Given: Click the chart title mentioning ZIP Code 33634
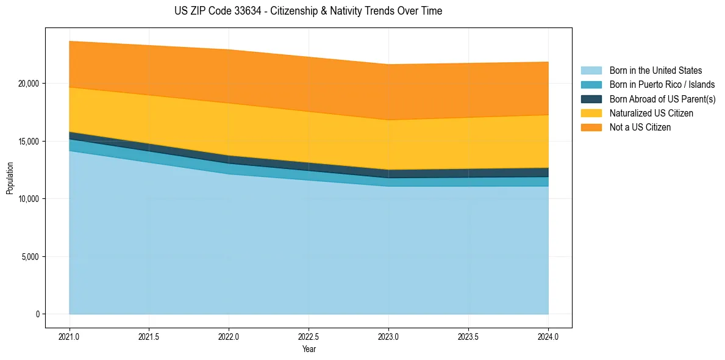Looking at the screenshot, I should (x=308, y=11).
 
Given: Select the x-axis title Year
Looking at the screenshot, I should (x=309, y=349).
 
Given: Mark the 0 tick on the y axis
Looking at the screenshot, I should (x=38, y=314).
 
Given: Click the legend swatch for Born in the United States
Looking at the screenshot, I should (x=591, y=71).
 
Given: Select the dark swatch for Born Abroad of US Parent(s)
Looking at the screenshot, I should (x=591, y=99).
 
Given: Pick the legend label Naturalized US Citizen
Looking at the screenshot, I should (x=651, y=113).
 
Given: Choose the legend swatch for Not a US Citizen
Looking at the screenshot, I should (x=591, y=128).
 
